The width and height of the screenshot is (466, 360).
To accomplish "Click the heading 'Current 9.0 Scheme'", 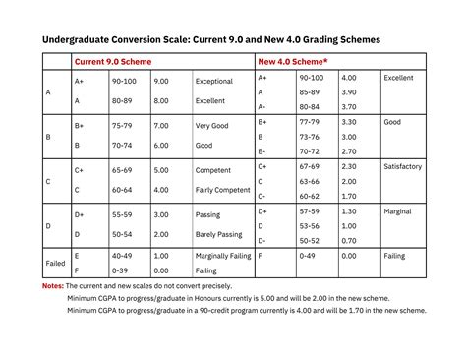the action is pos(115,62).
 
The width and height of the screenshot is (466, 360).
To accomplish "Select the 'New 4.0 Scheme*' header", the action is pos(294,62).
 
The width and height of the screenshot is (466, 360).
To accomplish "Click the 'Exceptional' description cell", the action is pos(214,81).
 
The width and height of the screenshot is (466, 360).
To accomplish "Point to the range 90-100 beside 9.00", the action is pos(124,81).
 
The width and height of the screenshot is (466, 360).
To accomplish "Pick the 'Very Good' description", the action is pos(211,126).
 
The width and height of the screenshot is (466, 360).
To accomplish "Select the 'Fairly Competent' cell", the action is pos(221,190).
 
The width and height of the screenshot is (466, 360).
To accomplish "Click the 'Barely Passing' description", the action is pos(219,234).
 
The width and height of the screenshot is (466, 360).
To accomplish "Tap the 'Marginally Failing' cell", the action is pos(225,256).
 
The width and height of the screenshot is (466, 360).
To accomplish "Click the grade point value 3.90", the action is pos(349,91).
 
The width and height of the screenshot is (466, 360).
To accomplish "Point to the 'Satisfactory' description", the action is pos(403,167).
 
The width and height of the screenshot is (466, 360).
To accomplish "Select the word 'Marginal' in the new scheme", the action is pos(398,210).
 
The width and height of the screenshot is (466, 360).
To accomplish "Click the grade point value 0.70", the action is pos(349,240).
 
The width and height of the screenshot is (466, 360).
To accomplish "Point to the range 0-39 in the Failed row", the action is pos(120,270).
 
